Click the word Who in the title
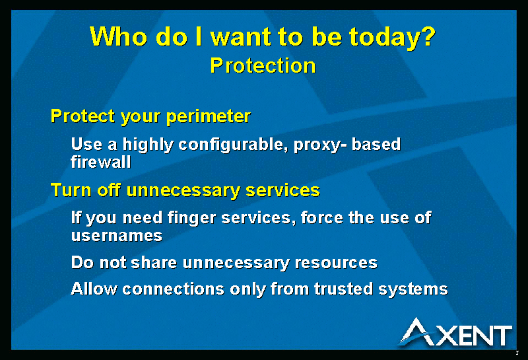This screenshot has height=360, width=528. (119, 36)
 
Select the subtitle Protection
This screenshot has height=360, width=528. (263, 65)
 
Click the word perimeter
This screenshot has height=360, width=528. (209, 117)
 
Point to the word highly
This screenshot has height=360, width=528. (148, 145)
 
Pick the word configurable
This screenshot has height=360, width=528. (233, 145)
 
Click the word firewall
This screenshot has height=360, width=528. (101, 162)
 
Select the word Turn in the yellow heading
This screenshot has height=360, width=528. (71, 190)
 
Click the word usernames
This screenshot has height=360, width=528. (117, 236)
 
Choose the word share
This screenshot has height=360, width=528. (154, 262)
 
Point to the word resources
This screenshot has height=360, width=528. (336, 263)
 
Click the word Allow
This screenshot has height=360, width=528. (94, 289)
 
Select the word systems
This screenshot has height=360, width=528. (413, 290)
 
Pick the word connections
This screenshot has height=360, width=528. (174, 289)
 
